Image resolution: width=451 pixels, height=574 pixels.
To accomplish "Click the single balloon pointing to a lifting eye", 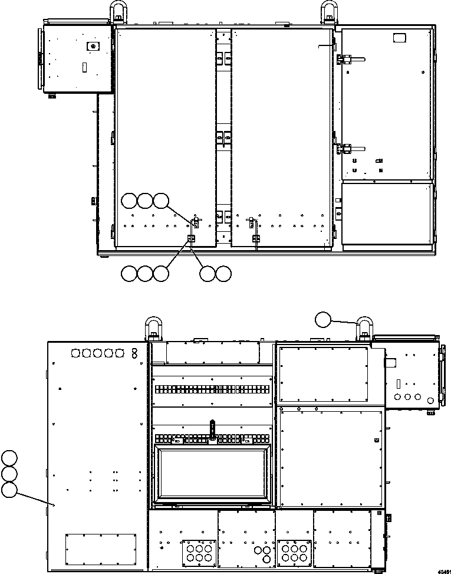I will tap(323, 320).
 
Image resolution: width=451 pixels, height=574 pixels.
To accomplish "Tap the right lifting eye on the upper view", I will tap(329, 12).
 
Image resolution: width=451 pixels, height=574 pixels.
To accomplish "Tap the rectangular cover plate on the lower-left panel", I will tap(101, 548).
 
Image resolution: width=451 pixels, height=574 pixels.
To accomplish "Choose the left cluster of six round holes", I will tap(196, 552).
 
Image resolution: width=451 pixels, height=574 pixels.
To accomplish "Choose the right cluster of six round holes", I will tap(293, 552).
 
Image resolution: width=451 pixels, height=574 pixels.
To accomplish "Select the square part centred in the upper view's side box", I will tap(91, 46).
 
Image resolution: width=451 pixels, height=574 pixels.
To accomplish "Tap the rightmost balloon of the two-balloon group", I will tap(223, 273).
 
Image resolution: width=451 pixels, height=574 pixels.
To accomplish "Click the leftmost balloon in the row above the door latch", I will tap(129, 201).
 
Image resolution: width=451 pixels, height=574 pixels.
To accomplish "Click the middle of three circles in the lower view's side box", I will tap(407, 397).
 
